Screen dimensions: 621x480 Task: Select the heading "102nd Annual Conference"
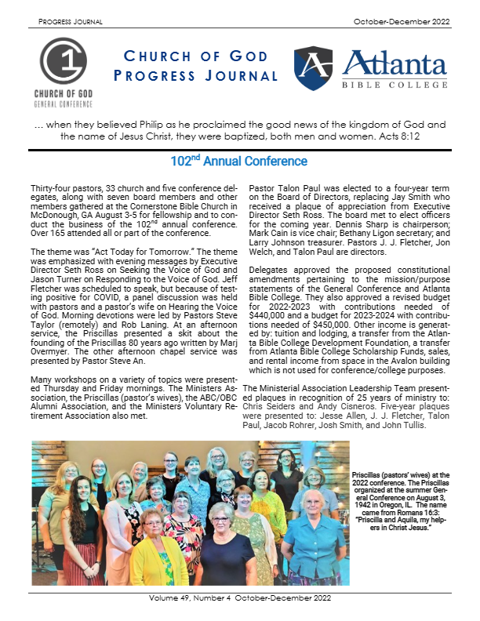tap(239, 162)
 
